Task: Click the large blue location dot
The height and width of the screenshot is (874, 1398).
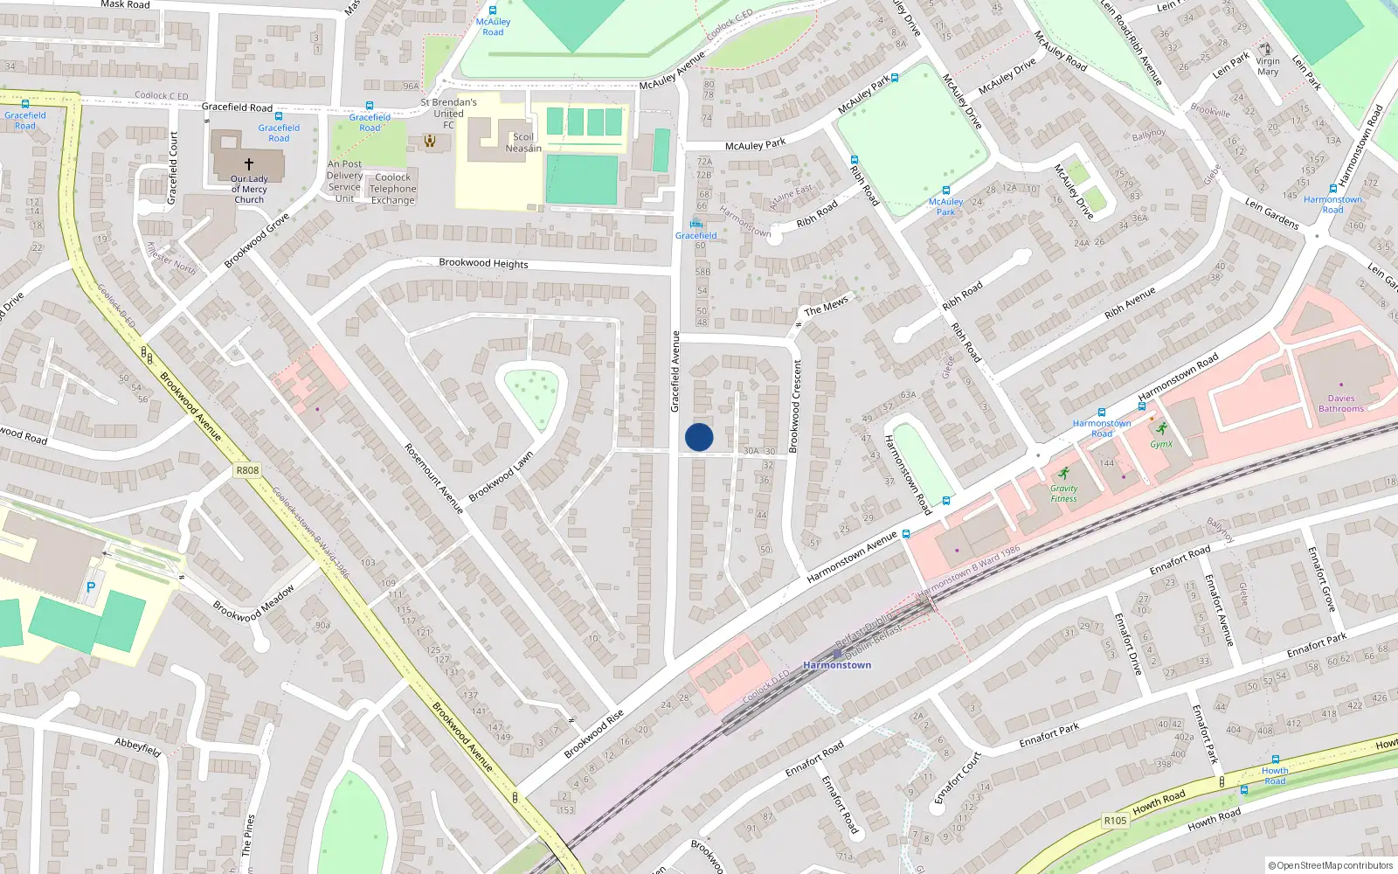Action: point(699,437)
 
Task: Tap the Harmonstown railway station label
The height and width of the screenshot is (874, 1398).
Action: point(837,665)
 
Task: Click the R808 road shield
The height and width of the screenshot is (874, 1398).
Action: point(247,470)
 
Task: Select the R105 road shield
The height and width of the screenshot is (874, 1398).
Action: point(1115,821)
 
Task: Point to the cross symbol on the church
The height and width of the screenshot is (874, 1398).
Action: point(249,163)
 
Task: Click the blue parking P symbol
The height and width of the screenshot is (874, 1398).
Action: point(90,588)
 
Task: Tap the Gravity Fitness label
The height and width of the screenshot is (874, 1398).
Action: point(1063,493)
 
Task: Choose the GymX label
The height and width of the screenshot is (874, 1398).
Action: point(1161,444)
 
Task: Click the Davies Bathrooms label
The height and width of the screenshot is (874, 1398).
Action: point(1341,403)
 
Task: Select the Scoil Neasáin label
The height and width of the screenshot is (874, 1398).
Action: point(523,142)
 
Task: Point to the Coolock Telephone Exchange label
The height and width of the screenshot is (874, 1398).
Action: point(392,189)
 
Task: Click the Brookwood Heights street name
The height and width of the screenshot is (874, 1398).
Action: point(483,262)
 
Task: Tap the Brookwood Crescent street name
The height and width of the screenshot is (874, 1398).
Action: point(795,406)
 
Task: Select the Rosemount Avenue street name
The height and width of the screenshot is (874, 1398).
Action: point(433,478)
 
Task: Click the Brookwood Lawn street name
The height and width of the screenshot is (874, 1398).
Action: point(501,477)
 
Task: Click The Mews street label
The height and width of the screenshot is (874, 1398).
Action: point(826,305)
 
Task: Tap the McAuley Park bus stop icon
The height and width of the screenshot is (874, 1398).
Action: point(945,191)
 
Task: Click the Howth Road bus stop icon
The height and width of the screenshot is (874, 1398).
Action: point(1275,760)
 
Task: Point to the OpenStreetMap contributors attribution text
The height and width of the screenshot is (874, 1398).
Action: point(1331,865)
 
